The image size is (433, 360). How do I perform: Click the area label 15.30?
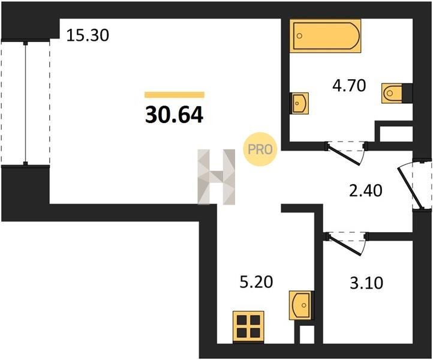click(88, 35)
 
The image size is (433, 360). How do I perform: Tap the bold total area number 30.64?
click(175, 115)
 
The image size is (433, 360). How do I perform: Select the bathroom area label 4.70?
click(349, 85)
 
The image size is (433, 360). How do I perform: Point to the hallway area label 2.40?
click(366, 191)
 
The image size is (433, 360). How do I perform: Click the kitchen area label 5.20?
click(256, 282)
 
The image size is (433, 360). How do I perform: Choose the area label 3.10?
click(366, 283)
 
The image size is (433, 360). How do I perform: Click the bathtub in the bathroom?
click(325, 36)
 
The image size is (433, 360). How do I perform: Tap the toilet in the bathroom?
click(397, 94)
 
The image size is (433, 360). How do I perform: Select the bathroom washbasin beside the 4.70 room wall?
click(299, 103)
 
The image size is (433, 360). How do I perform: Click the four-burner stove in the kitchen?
click(248, 327)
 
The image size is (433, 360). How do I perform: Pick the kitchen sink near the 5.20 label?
click(301, 305)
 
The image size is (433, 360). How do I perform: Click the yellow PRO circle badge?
click(260, 149)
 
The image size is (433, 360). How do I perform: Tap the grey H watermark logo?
click(217, 177)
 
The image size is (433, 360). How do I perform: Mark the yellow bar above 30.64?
click(175, 95)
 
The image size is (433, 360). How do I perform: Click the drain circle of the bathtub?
click(299, 36)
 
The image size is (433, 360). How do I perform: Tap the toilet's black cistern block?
click(407, 94)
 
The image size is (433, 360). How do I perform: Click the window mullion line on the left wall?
click(25, 103)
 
